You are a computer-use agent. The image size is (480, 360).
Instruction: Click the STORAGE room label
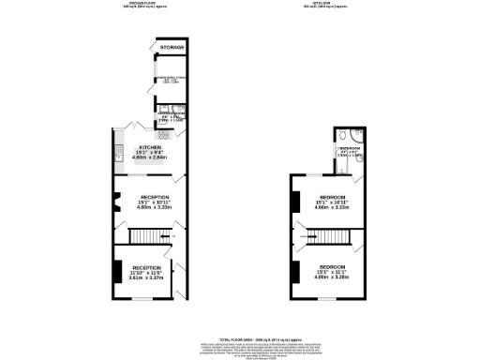click(170, 47)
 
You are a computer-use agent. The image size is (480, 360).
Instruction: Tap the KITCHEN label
click(149, 148)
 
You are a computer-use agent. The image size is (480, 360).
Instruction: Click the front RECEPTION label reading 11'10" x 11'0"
click(146, 267)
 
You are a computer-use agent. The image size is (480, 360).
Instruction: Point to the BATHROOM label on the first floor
click(351, 147)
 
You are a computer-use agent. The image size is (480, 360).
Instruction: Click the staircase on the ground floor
click(141, 233)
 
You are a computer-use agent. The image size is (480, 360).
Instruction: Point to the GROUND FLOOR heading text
click(142, 4)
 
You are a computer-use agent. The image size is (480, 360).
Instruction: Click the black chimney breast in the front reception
click(115, 272)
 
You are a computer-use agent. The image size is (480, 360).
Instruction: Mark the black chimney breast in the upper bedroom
click(294, 200)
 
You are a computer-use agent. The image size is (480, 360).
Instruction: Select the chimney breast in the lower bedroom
click(294, 273)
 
